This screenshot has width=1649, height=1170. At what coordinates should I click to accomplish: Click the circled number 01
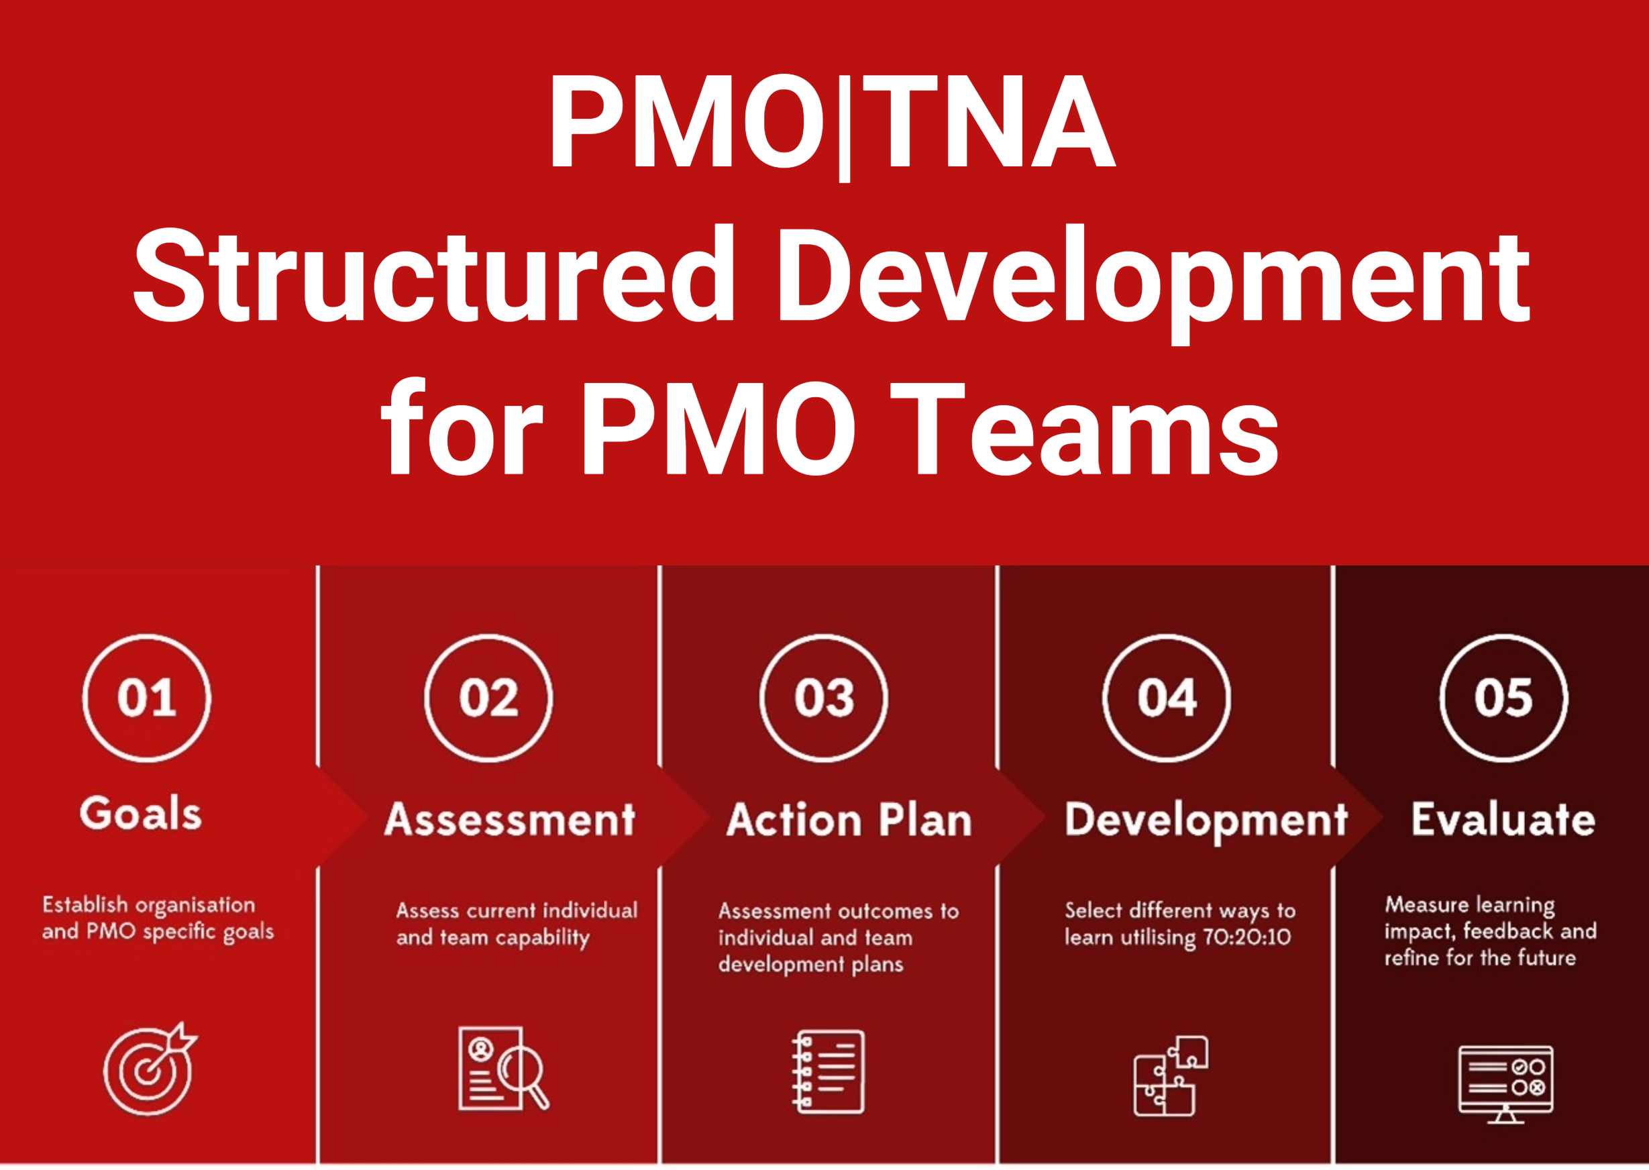[x=147, y=698]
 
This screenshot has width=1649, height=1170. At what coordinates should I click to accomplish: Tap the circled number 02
[x=488, y=698]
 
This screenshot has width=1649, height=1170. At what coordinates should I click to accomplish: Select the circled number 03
[x=823, y=698]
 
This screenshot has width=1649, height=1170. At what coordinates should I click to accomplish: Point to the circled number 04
[x=1167, y=698]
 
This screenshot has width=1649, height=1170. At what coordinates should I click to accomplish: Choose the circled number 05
[x=1503, y=698]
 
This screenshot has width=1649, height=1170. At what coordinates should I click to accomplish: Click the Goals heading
[x=140, y=814]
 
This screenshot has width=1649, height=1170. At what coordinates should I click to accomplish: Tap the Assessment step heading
[x=510, y=820]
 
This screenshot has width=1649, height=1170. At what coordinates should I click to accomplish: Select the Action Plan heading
[x=849, y=820]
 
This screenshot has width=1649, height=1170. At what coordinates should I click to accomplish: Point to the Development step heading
[x=1206, y=821]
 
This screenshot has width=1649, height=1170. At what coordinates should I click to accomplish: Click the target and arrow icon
[x=150, y=1069]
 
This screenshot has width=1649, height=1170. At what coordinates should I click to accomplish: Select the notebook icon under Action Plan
[x=828, y=1071]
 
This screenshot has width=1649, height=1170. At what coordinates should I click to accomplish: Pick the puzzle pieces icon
[x=1171, y=1075]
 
